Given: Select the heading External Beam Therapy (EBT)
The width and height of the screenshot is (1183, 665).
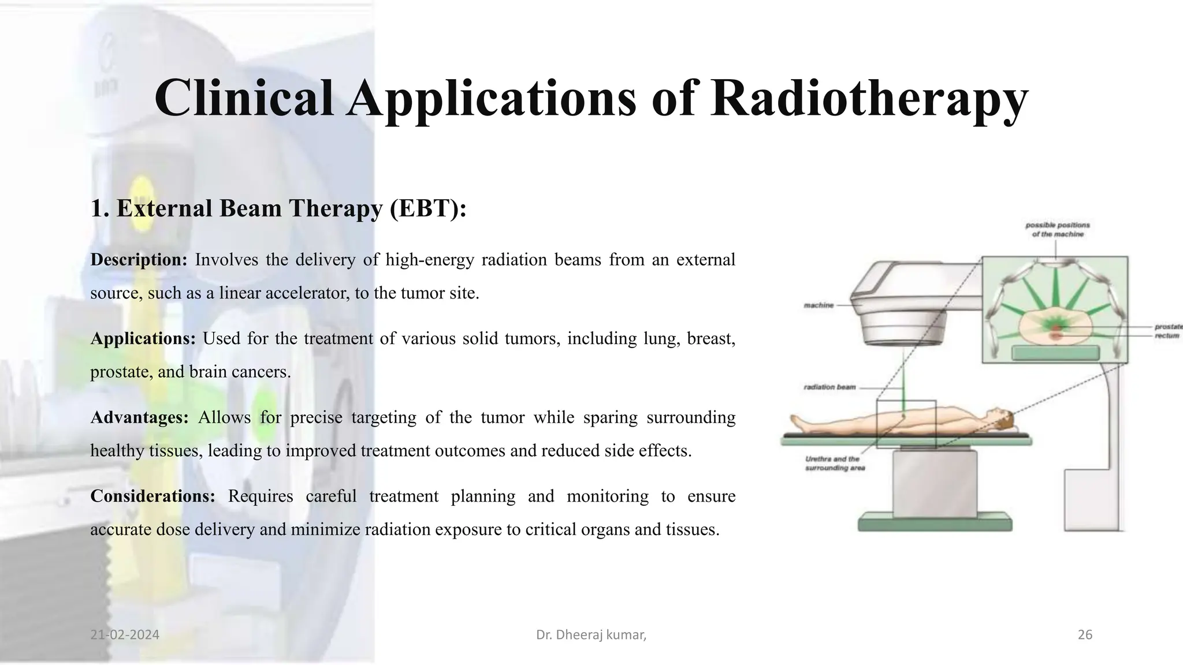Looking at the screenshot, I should click(278, 208).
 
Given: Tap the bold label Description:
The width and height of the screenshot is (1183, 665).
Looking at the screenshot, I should click(139, 260).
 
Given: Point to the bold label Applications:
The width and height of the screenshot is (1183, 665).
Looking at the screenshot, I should click(143, 338).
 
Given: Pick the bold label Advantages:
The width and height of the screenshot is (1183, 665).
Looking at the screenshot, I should click(139, 417).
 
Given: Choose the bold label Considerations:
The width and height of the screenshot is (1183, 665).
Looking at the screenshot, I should click(152, 496).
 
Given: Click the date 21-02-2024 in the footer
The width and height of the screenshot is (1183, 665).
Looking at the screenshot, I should click(125, 635).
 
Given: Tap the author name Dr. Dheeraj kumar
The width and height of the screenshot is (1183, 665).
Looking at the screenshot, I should click(590, 635).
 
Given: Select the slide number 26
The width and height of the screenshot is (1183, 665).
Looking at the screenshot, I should click(1085, 635).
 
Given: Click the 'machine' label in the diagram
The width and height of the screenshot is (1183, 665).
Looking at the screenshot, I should click(819, 305).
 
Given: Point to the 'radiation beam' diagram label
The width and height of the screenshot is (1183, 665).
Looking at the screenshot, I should click(829, 387).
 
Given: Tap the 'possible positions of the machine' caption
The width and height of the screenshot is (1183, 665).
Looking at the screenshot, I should click(1057, 230).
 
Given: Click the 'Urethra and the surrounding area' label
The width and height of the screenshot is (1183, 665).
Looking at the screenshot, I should click(834, 464).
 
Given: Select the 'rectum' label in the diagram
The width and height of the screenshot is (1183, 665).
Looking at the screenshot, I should click(1166, 335).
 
